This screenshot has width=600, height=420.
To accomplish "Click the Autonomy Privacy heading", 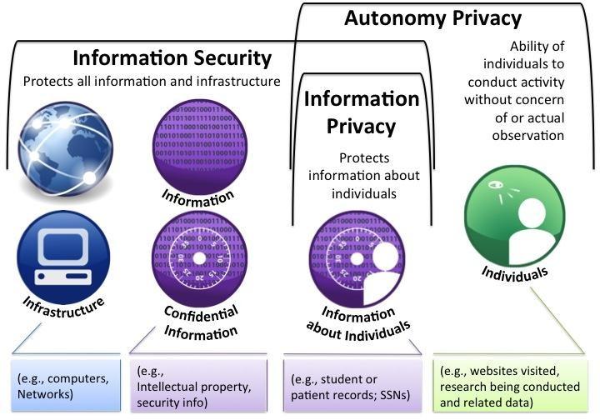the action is pyautogui.click(x=432, y=18).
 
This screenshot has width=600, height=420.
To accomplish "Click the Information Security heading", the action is pyautogui.click(x=172, y=58).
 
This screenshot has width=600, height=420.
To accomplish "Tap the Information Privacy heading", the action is pyautogui.click(x=362, y=112).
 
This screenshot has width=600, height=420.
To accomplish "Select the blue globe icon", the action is pyautogui.click(x=66, y=149).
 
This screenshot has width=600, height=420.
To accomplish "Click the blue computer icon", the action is pyautogui.click(x=63, y=257).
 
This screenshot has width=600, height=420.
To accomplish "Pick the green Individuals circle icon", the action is pyautogui.click(x=515, y=216).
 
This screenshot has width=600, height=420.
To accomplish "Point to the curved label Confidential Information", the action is pyautogui.click(x=201, y=323).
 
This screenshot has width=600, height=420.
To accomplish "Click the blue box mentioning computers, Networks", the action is pyautogui.click(x=66, y=385).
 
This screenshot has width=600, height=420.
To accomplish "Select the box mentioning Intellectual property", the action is pyautogui.click(x=198, y=385).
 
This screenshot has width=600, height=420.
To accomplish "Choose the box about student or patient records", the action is pyautogui.click(x=352, y=385).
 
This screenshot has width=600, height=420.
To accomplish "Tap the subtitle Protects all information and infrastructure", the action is pyautogui.click(x=152, y=82).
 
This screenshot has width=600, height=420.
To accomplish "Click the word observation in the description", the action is pyautogui.click(x=528, y=135).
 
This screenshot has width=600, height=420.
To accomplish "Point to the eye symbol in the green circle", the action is pyautogui.click(x=496, y=185).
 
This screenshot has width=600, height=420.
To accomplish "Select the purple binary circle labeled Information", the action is pyautogui.click(x=199, y=147).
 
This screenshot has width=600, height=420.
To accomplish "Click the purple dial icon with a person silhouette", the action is pyautogui.click(x=357, y=259).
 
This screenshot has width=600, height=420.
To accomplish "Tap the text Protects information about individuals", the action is pyautogui.click(x=364, y=176).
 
